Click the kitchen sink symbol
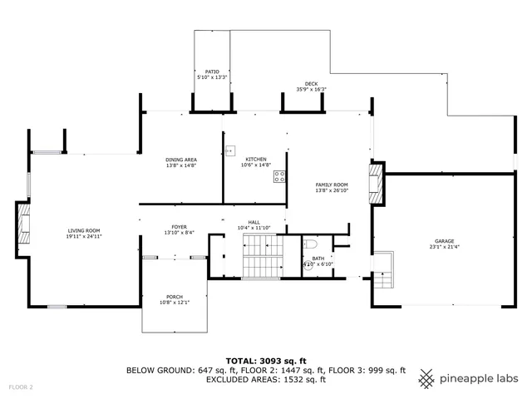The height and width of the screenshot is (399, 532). pyautogui.click(x=231, y=152)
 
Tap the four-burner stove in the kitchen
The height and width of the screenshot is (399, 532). pyautogui.click(x=280, y=176)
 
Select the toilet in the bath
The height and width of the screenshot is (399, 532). pyautogui.click(x=309, y=244)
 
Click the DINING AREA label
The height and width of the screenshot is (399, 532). pyautogui.click(x=180, y=159)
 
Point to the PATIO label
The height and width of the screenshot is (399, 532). pyautogui.click(x=211, y=72)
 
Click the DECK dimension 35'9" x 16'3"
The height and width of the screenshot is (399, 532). pyautogui.click(x=311, y=90)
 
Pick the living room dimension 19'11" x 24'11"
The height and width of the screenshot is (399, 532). pyautogui.click(x=84, y=236)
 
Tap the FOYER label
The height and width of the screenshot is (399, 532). pyautogui.click(x=179, y=226)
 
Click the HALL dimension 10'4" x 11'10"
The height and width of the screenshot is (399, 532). pyautogui.click(x=254, y=227)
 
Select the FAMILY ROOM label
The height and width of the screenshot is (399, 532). pyautogui.click(x=331, y=185)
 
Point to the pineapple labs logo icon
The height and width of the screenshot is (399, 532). pyautogui.click(x=426, y=377)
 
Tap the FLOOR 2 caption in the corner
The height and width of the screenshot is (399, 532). pyautogui.click(x=21, y=387)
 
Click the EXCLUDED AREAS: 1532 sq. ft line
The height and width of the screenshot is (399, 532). pyautogui.click(x=265, y=379)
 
